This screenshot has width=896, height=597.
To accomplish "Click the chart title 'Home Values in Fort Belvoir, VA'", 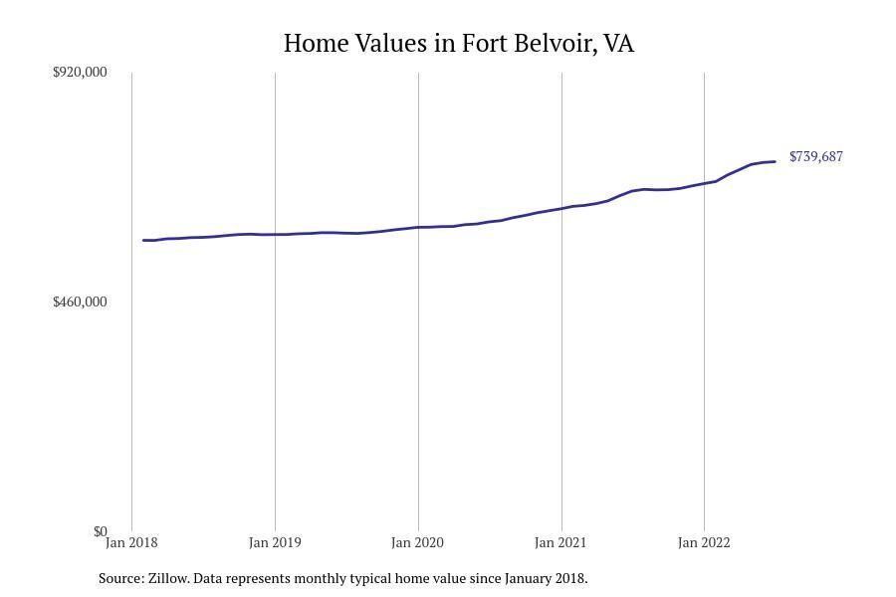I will [458, 44].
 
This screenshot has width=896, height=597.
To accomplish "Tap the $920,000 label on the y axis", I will [80, 72].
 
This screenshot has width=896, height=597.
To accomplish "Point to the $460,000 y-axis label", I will [80, 301].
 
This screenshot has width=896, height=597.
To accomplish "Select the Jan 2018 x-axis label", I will [131, 543].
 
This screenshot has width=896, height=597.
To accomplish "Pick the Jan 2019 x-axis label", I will [275, 543].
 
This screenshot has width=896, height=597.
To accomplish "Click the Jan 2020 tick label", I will [418, 543].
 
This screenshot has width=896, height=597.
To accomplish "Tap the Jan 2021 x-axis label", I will [560, 543].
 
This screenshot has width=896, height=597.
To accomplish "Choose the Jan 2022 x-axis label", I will [704, 543].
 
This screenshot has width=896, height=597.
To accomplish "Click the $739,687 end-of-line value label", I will [815, 157].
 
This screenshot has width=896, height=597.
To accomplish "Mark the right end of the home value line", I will [775, 161].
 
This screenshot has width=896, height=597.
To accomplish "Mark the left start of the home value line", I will [144, 240].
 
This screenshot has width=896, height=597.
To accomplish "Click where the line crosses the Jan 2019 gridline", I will [275, 234].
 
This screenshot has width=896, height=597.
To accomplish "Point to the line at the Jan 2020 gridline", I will [418, 227].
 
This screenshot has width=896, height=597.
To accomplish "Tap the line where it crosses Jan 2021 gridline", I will [561, 208].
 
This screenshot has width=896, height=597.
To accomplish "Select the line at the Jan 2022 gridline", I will [704, 183].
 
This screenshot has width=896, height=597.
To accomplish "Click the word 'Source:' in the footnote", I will [120, 578].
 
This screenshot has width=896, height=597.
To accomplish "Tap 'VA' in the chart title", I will [618, 44].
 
